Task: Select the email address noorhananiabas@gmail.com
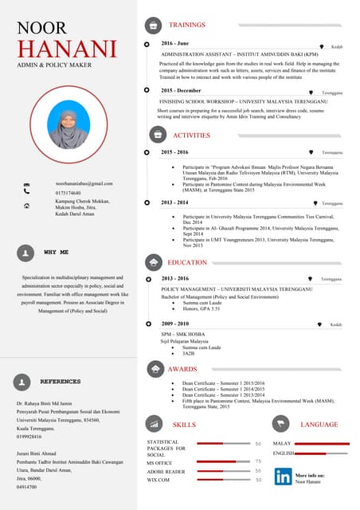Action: (84, 183)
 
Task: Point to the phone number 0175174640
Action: (68, 193)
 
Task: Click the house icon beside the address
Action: (27, 205)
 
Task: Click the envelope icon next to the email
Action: (26, 184)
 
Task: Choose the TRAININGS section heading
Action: (186, 25)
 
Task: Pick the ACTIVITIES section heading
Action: (191, 135)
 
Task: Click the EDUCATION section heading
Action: (187, 262)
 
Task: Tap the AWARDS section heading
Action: (182, 369)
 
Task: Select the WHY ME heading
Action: (56, 252)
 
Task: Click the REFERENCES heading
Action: (61, 382)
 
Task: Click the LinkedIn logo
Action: (283, 477)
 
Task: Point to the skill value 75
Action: (258, 461)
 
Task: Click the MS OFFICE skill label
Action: (159, 462)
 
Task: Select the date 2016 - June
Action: (174, 42)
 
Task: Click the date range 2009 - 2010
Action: (175, 324)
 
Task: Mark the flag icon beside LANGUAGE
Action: (280, 424)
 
